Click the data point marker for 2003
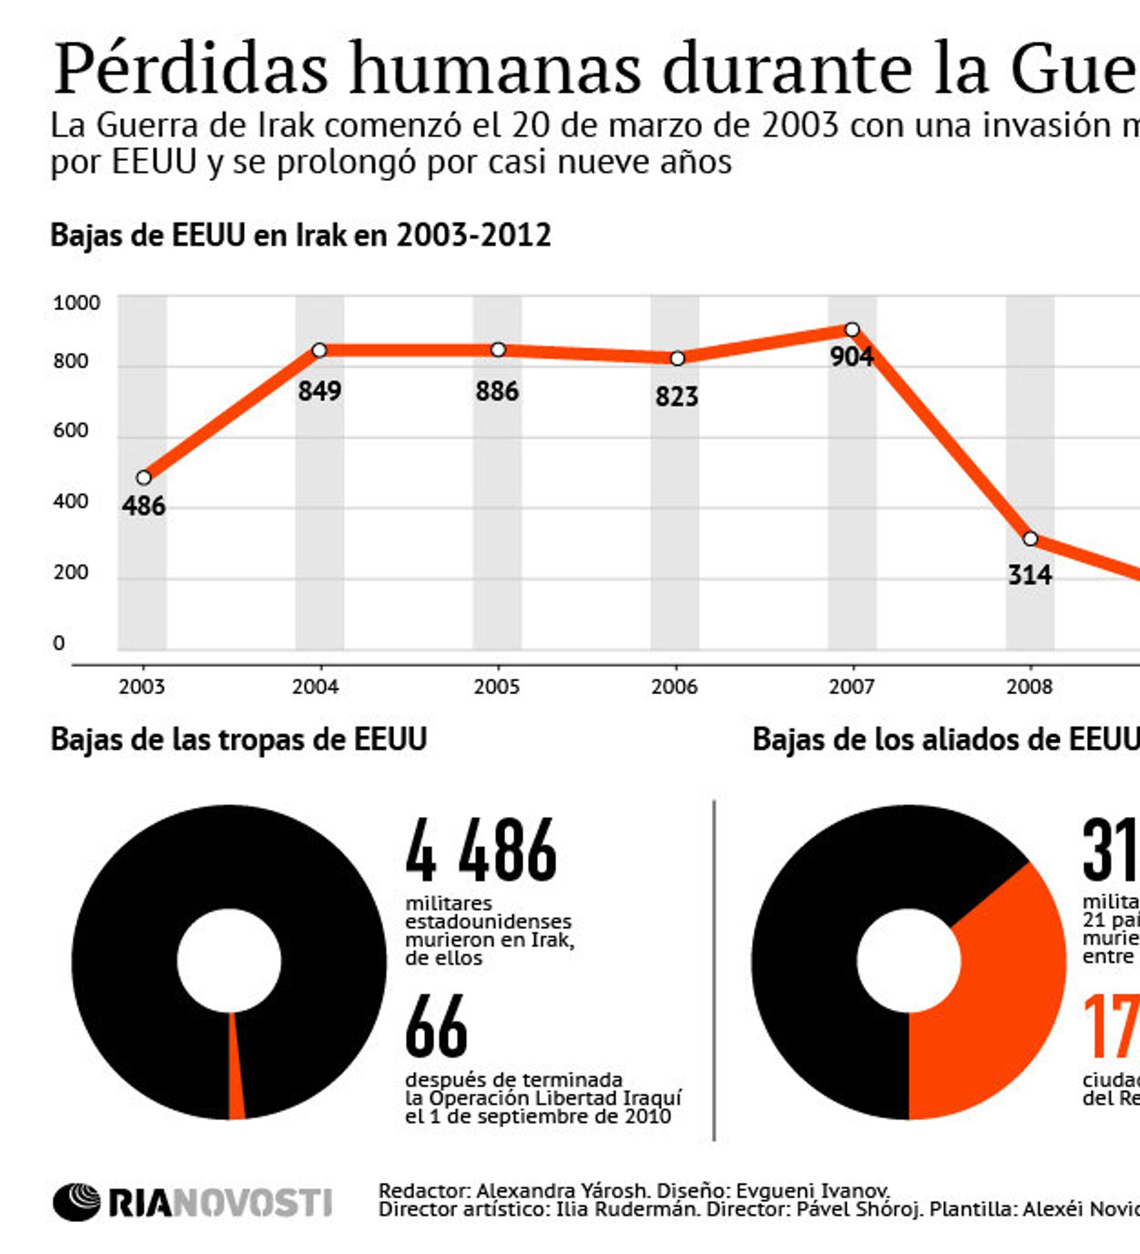[144, 478]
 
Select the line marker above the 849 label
[319, 350]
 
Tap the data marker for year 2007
[852, 329]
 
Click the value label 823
[676, 396]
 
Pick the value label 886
[496, 391]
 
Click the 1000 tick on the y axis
[76, 303]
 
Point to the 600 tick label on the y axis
[70, 430]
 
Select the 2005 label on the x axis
[496, 687]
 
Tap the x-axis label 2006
[674, 687]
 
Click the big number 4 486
[481, 850]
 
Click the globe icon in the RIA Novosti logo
[77, 1202]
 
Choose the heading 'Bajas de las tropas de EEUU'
[238, 739]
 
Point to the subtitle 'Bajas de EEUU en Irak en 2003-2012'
[300, 235]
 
